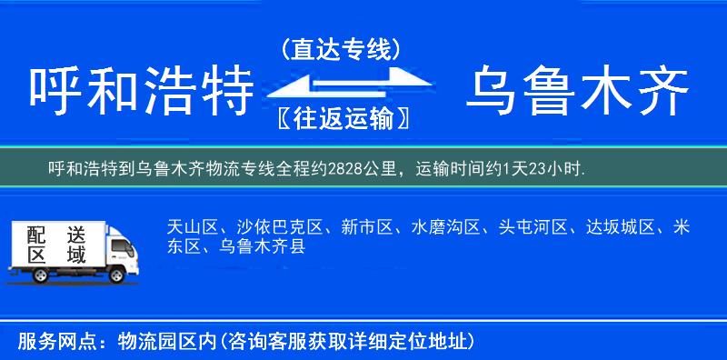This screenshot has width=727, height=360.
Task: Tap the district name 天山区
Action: (189, 226)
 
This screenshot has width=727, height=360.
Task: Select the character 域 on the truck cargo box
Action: (76, 256)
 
